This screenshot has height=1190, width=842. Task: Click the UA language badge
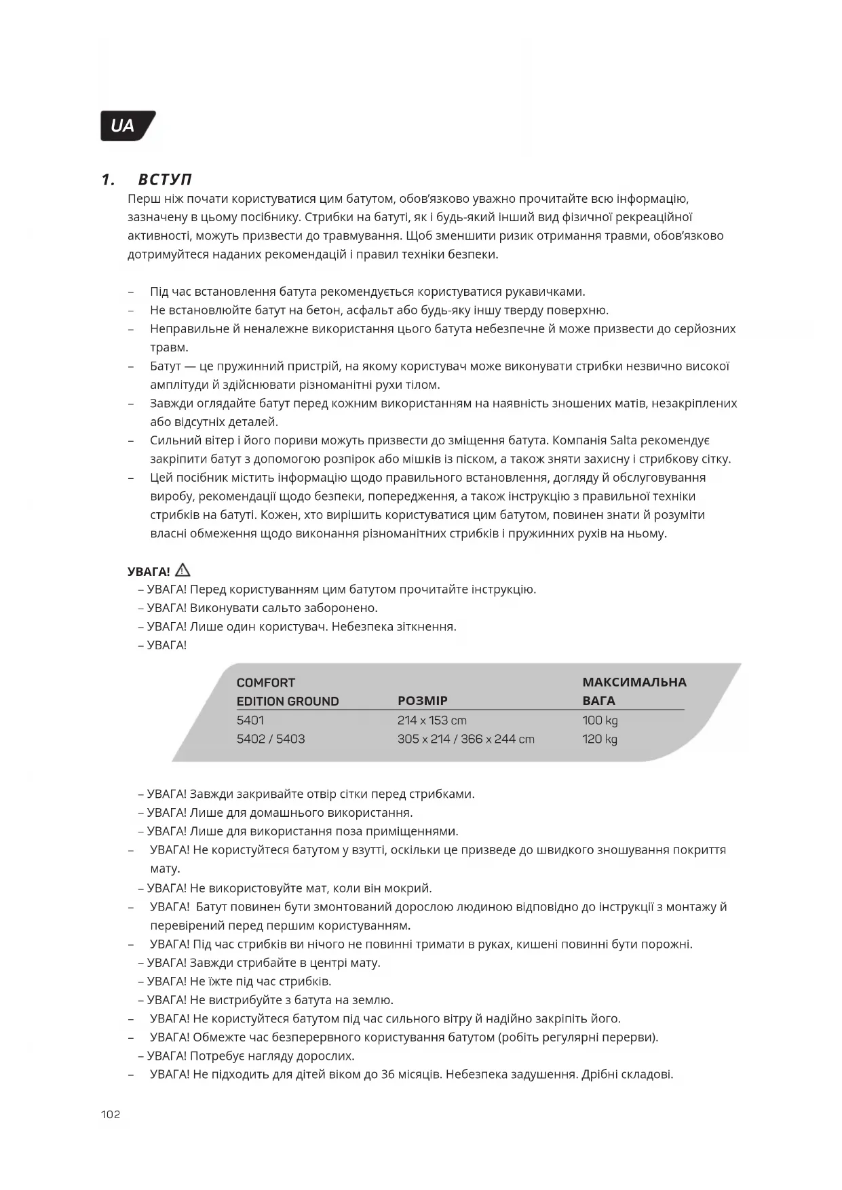click(x=126, y=126)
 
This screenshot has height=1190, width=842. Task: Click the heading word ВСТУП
click(x=165, y=180)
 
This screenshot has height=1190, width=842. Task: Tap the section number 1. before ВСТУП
click(x=108, y=180)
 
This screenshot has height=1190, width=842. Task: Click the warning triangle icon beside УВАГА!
click(x=183, y=571)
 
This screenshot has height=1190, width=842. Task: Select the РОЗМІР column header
click(x=422, y=701)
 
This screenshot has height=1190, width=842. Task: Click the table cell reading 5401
click(x=250, y=721)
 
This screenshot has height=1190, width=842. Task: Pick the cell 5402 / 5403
click(x=271, y=739)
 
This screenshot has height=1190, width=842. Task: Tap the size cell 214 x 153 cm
click(x=432, y=721)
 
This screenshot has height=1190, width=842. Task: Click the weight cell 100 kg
click(x=600, y=721)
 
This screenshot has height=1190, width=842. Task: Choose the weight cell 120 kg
click(x=600, y=739)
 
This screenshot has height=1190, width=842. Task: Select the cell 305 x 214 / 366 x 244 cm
click(x=465, y=739)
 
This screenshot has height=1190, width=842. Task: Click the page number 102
click(x=111, y=1115)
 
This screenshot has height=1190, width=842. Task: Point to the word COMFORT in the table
click(x=266, y=683)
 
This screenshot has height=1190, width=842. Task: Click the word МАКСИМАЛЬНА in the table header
click(x=634, y=682)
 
